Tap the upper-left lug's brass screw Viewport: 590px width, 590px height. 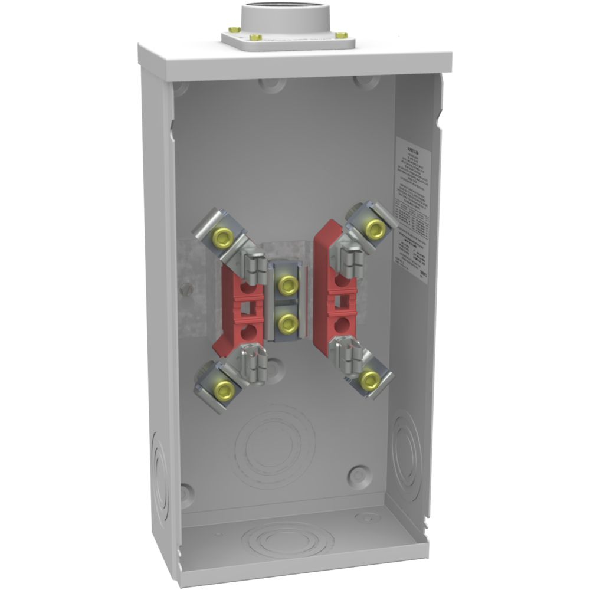pos(223,238)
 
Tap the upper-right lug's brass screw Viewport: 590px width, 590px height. pos(373,229)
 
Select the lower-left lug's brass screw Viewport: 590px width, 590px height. pos(224,389)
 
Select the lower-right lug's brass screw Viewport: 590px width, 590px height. pos(370,380)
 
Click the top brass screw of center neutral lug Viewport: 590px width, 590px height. pos(287,285)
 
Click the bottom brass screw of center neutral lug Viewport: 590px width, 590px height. pos(287,323)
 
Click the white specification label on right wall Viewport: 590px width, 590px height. pos(412,209)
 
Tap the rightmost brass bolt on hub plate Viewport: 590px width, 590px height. pos(341,35)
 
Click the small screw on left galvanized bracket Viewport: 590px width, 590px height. pos(186,289)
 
